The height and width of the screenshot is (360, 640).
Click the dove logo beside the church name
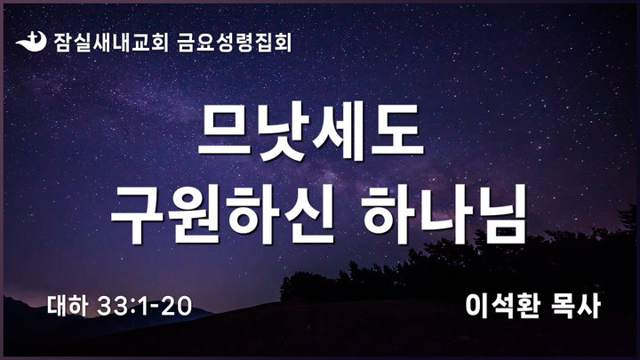point(31,41)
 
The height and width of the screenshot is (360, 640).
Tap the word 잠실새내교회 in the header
point(110,42)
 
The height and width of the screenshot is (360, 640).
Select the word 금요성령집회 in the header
point(235,42)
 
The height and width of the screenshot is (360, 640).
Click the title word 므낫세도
point(311,132)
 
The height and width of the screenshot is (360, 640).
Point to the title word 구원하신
point(223,215)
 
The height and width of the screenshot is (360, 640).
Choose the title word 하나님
point(444,215)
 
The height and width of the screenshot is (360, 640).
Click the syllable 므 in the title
point(225,131)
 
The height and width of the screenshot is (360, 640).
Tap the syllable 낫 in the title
point(283,132)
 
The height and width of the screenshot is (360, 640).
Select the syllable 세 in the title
point(340,132)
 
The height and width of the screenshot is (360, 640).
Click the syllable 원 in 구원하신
point(195,215)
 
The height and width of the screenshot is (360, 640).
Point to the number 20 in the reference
point(176,306)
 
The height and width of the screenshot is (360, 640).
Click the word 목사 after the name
point(575,305)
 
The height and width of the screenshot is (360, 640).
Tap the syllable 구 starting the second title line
point(137,215)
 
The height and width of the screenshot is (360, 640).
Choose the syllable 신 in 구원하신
point(310,215)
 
